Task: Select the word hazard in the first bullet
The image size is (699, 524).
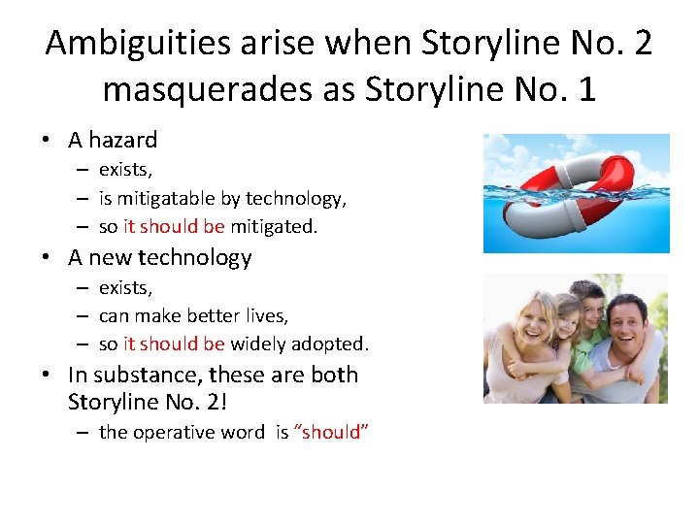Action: tap(124, 140)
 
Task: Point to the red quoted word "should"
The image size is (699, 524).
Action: tap(331, 432)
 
